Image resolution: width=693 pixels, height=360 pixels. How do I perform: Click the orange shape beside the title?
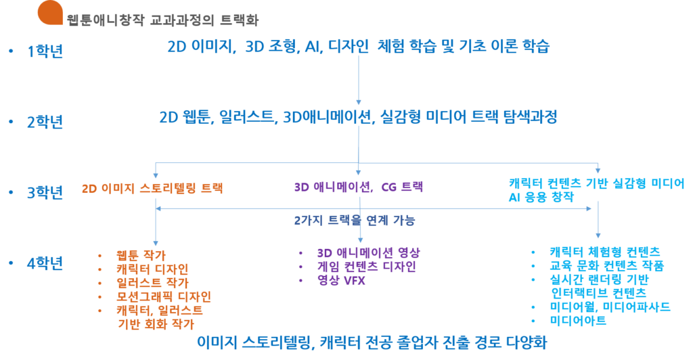tap(50, 14)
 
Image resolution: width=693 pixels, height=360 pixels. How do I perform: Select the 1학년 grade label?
tap(45, 51)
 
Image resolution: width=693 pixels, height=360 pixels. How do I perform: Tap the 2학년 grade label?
tap(45, 122)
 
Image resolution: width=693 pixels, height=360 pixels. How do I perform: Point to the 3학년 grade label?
tap(45, 192)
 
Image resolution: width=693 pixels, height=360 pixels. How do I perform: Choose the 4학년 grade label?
tap(45, 263)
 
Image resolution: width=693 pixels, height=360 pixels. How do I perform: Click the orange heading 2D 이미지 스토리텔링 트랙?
tap(152, 188)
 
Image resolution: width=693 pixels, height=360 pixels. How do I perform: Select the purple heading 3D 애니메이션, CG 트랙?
tap(359, 187)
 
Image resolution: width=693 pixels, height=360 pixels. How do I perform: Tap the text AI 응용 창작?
tap(541, 197)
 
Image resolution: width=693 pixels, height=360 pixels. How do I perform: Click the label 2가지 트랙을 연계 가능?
tap(355, 220)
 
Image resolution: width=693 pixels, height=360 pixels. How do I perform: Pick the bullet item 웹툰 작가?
tap(141, 255)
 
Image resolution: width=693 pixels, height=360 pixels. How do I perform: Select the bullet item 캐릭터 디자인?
tap(152, 269)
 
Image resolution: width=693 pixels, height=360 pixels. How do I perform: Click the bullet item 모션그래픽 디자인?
tap(164, 296)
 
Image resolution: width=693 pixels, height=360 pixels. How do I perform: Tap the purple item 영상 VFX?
tap(341, 280)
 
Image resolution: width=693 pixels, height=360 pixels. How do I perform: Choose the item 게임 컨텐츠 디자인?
tap(366, 267)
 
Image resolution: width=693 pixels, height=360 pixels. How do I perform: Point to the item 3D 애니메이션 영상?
tap(369, 252)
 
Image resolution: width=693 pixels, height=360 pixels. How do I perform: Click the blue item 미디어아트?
tap(578, 320)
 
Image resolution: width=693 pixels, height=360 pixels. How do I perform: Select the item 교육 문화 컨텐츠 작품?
tap(607, 265)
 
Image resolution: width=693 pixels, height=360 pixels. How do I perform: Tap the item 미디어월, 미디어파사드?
tap(610, 307)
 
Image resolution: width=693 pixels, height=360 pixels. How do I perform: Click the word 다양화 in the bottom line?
tap(527, 342)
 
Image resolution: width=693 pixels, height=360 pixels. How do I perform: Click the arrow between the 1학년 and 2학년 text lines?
tap(359, 80)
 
